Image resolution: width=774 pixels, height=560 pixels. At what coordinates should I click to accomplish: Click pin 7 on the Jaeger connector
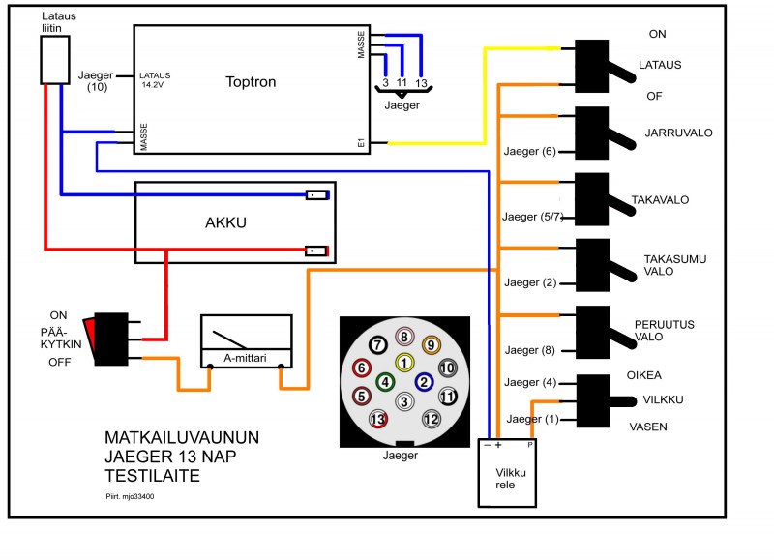click(x=377, y=340)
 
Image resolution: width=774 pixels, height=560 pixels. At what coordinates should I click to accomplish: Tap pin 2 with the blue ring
click(x=423, y=382)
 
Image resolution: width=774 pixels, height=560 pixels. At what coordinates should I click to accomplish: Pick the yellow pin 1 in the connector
click(x=404, y=362)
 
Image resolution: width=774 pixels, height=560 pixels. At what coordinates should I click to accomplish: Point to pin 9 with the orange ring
click(x=431, y=342)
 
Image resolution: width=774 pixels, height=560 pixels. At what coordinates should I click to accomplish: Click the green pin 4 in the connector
click(x=385, y=382)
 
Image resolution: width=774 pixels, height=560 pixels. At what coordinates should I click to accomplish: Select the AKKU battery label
click(x=227, y=222)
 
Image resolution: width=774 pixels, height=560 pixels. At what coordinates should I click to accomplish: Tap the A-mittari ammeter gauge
click(x=246, y=340)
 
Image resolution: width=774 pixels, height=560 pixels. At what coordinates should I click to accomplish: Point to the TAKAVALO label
click(x=660, y=200)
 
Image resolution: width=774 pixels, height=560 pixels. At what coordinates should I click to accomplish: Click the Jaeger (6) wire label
click(x=529, y=152)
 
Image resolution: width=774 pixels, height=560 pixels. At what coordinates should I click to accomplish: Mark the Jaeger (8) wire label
click(x=529, y=350)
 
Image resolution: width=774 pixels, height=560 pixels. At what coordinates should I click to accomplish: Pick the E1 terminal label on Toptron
click(x=360, y=143)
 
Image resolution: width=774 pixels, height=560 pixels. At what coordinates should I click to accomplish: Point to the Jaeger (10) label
click(x=95, y=81)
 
